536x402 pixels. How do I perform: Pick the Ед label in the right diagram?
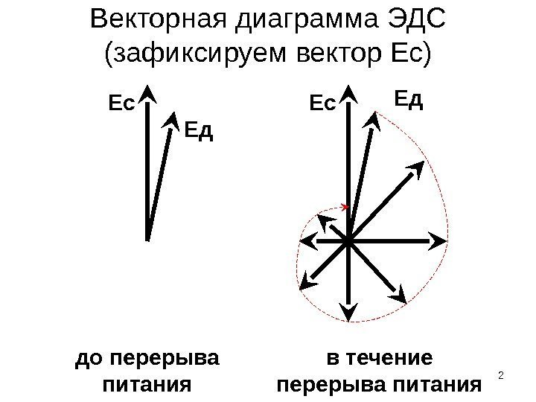(x=407, y=98)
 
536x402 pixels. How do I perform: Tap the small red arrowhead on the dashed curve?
(x=345, y=206)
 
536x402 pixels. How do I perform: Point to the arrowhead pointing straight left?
(x=304, y=241)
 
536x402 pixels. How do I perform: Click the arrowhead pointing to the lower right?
(x=401, y=296)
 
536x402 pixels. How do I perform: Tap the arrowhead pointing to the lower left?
(x=306, y=281)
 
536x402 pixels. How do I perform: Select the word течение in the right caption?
(x=392, y=360)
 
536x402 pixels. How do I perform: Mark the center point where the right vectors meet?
(x=347, y=240)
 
